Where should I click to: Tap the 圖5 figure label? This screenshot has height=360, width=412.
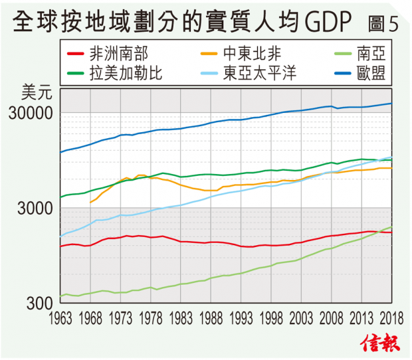[x=383, y=24]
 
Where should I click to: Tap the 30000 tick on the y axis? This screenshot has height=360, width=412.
[x=31, y=112]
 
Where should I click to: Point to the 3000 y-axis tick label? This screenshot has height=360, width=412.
[x=35, y=208]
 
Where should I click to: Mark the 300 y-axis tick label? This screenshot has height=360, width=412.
[x=39, y=302]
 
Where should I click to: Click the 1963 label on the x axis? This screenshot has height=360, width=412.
[x=61, y=316]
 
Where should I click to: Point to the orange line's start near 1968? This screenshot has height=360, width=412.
[x=90, y=202]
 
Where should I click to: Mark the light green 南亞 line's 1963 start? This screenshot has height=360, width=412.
[x=60, y=296]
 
